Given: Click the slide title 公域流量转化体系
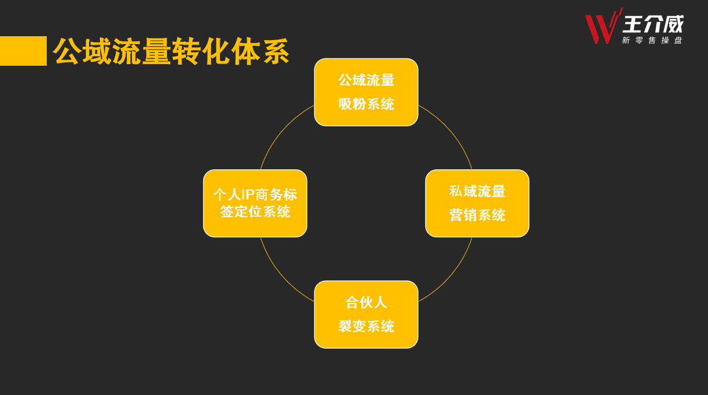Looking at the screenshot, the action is pyautogui.click(x=171, y=51).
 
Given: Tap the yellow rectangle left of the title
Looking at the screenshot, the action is pyautogui.click(x=23, y=51).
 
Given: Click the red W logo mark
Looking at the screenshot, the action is pyautogui.click(x=603, y=27).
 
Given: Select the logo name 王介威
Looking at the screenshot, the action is pyautogui.click(x=653, y=24).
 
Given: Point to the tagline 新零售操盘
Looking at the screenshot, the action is pyautogui.click(x=652, y=40).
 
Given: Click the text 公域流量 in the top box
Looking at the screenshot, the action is pyautogui.click(x=366, y=80).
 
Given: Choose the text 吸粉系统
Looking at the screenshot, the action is pyautogui.click(x=366, y=104).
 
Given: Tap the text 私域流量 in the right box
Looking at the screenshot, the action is pyautogui.click(x=477, y=191).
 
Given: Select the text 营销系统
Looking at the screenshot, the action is pyautogui.click(x=477, y=215).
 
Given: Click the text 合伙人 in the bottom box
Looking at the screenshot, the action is pyautogui.click(x=366, y=303).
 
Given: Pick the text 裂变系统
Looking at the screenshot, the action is pyautogui.click(x=366, y=326).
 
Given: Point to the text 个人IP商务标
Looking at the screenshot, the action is pyautogui.click(x=255, y=194).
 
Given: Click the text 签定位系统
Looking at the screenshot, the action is pyautogui.click(x=255, y=212).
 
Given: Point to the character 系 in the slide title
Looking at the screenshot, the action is pyautogui.click(x=276, y=51).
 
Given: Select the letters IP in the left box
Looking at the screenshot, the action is pyautogui.click(x=248, y=195).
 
